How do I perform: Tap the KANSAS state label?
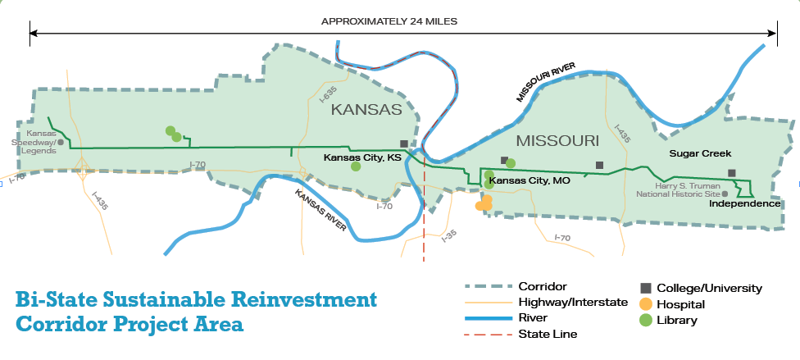[366, 109]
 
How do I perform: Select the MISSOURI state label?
[557, 141]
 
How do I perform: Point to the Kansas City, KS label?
[361, 157]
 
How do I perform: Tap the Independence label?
[745, 203]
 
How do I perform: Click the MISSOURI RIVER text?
[547, 80]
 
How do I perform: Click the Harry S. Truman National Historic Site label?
[680, 189]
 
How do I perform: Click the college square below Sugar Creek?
[732, 173]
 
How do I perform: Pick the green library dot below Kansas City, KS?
[356, 166]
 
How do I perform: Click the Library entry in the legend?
[676, 320]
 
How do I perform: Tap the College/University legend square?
[646, 288]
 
